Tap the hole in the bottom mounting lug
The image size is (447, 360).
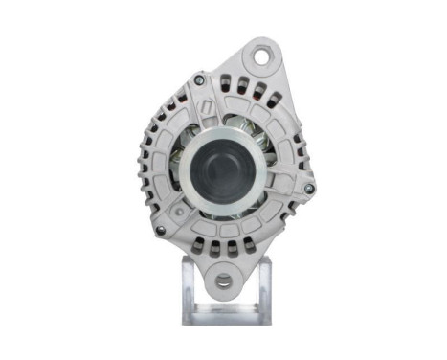(223, 281)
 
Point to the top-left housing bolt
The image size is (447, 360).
(198, 79)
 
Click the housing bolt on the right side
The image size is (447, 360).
(307, 188)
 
